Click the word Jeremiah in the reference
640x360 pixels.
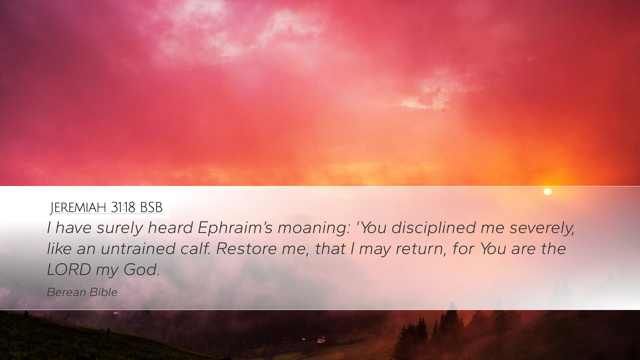[78, 208]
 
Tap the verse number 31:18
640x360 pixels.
[123, 208]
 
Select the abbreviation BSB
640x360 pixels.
[151, 208]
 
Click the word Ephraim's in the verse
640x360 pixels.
[235, 228]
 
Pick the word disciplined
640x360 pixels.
[433, 228]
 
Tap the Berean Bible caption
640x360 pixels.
[82, 292]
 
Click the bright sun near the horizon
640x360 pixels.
[547, 192]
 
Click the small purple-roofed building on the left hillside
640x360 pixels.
[116, 313]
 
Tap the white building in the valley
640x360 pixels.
[321, 339]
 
